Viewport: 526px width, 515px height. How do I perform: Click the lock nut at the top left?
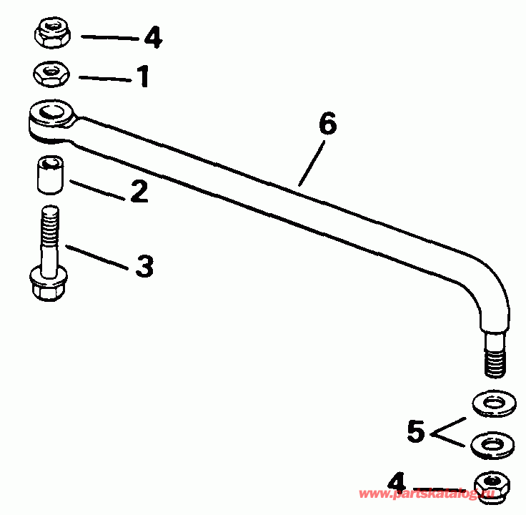tap(50, 33)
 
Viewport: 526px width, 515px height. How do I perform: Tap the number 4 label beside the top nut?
tap(152, 36)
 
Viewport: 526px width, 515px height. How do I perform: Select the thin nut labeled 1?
tap(49, 72)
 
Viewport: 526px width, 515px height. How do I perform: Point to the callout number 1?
tap(143, 76)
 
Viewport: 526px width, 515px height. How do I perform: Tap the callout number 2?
tap(139, 192)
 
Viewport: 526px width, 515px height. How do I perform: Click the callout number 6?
tap(327, 124)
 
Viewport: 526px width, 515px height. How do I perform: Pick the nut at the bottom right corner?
tap(492, 486)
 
